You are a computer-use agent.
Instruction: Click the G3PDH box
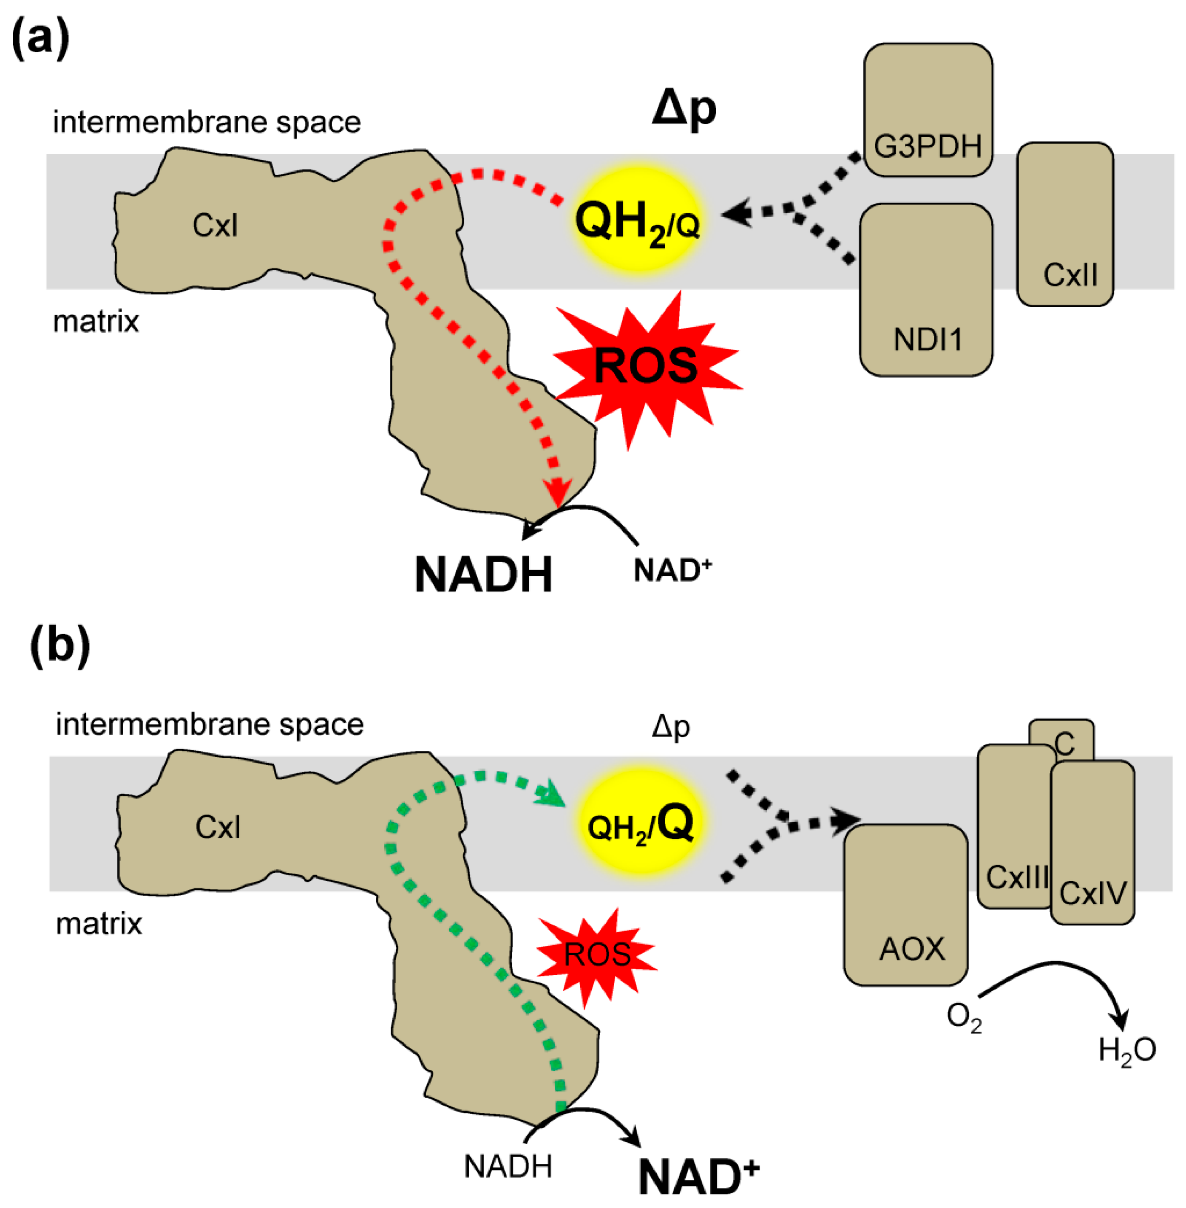coord(928,110)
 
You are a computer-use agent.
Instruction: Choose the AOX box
coord(906,905)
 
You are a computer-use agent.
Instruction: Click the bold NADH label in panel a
coord(483,574)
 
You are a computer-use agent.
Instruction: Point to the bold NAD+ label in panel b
coord(699,1176)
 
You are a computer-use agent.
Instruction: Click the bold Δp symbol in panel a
coord(684,110)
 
